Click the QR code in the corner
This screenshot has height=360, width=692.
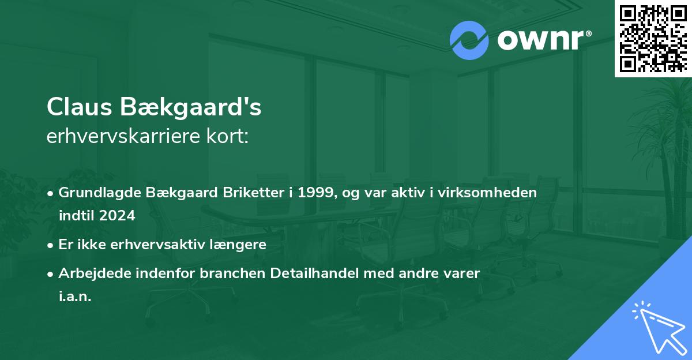pos(653,38)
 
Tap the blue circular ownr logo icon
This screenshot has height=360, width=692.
pos(469,40)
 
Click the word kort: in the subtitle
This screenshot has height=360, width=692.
pos(231,137)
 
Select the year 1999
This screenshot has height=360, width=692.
pos(314,193)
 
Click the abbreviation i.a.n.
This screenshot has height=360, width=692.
pos(75,296)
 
